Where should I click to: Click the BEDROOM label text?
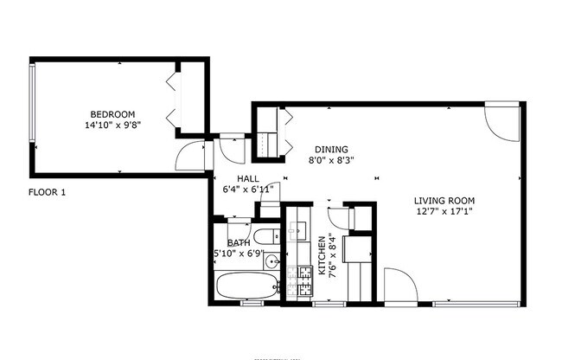(112, 114)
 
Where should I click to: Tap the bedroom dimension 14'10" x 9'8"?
(112, 125)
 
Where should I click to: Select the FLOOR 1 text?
(47, 192)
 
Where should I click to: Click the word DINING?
(331, 149)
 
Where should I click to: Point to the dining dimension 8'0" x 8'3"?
(332, 160)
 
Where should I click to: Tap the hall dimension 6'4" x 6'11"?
(248, 189)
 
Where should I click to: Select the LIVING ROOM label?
(443, 200)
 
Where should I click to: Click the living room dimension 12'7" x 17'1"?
(443, 211)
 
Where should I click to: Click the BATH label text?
(239, 243)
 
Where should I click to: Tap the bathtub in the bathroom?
(246, 286)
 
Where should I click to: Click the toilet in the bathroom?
(265, 236)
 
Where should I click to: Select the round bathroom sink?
(272, 260)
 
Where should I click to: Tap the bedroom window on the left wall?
(32, 103)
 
